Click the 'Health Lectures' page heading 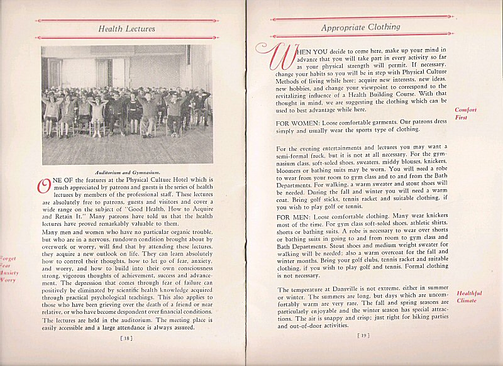click(x=127, y=28)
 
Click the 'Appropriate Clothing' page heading click(x=360, y=27)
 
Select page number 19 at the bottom click(x=363, y=336)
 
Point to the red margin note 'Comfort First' click(x=466, y=113)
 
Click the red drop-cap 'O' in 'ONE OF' click(x=44, y=187)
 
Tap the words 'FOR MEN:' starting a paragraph click(x=294, y=218)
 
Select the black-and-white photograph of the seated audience click(x=126, y=104)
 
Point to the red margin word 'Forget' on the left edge click(x=9, y=258)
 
